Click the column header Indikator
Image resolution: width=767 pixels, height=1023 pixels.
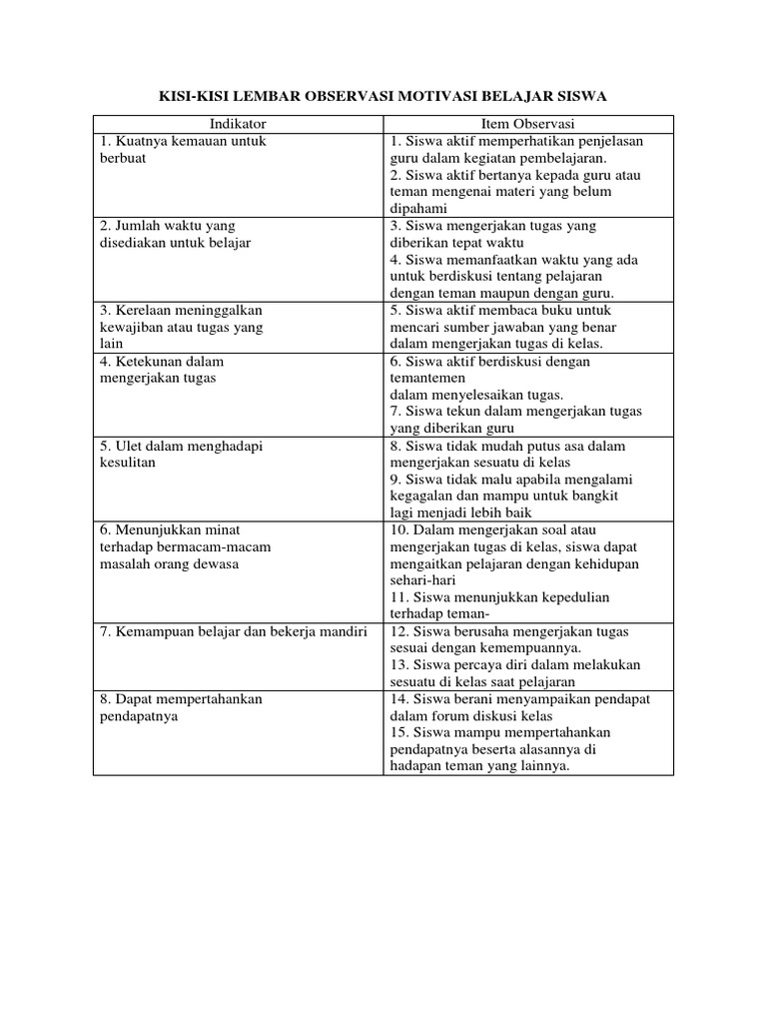tap(238, 124)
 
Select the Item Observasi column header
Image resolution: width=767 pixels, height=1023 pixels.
tap(528, 124)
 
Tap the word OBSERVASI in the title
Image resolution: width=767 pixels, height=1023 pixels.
tap(351, 96)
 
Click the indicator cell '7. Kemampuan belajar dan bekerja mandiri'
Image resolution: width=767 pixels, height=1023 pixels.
tap(234, 632)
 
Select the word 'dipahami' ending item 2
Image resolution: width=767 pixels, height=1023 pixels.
tap(416, 208)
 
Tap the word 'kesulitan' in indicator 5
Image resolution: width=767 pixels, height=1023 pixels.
tap(128, 463)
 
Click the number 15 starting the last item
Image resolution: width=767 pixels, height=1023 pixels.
tap(398, 732)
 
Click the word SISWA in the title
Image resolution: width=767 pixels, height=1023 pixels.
tap(582, 96)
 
